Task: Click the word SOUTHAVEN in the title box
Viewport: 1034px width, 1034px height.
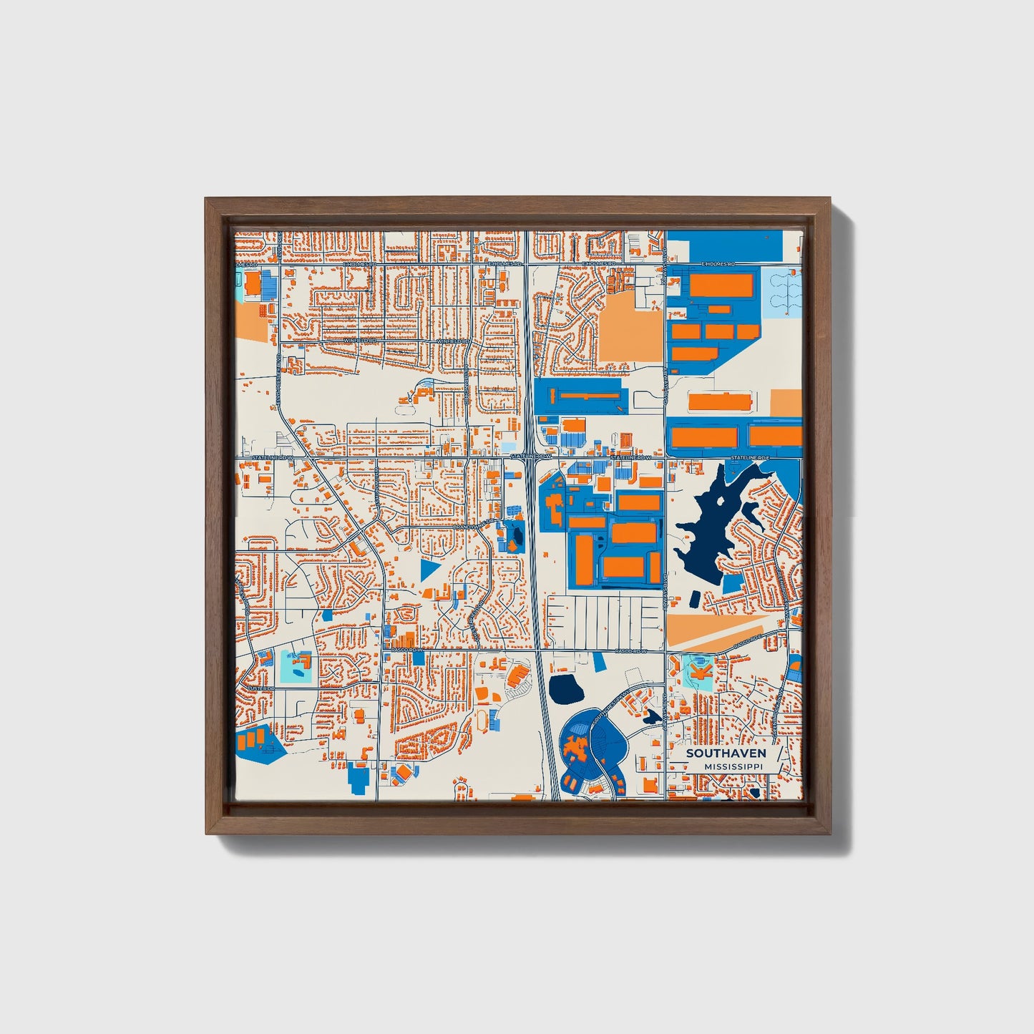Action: pos(726,753)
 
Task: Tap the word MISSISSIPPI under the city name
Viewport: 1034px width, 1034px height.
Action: pos(733,766)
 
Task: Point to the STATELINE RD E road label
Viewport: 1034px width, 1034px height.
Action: pos(749,457)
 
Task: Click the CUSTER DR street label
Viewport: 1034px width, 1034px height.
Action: pos(262,688)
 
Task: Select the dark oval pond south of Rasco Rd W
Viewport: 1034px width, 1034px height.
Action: pos(567,688)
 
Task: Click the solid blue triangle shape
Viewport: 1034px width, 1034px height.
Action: pos(429,570)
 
